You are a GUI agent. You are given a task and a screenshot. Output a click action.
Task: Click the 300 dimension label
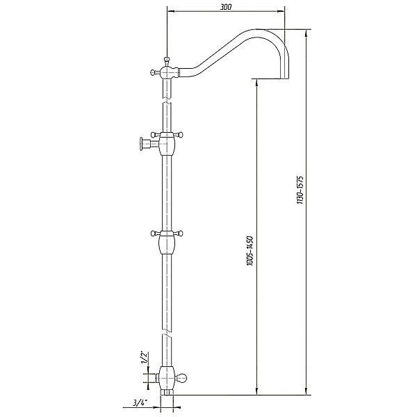(x=226, y=7)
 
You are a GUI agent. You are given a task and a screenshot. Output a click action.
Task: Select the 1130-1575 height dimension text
(x=300, y=190)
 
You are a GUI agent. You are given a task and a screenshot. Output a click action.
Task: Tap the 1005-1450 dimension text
(x=250, y=250)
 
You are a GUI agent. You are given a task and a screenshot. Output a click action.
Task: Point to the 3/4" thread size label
(x=140, y=403)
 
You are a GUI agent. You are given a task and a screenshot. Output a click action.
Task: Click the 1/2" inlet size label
(x=145, y=358)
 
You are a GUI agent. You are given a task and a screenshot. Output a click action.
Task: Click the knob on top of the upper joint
(x=167, y=59)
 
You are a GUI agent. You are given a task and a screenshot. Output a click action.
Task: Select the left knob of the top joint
(x=153, y=72)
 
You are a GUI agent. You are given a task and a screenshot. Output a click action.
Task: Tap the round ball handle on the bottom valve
(x=183, y=377)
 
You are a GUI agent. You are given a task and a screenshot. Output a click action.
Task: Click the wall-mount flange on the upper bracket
(x=141, y=145)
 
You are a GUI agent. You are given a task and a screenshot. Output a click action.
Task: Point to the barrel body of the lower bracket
(x=167, y=245)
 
